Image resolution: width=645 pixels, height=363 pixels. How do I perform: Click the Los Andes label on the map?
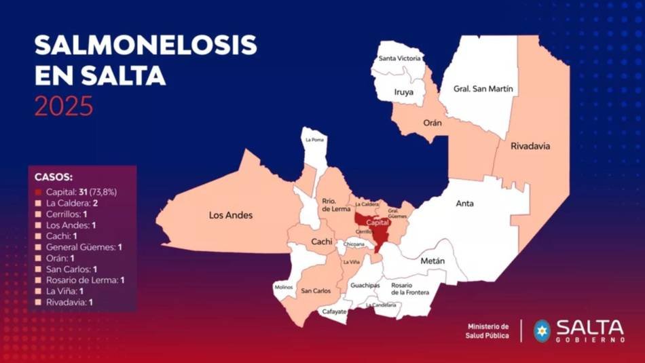tap(230, 215)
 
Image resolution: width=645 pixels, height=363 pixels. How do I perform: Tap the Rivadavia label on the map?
tap(530, 146)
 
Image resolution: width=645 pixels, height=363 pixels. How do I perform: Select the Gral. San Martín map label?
tap(483, 89)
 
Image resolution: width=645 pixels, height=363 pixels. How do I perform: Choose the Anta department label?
tap(465, 204)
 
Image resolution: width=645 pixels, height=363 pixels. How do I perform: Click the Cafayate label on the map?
tap(334, 312)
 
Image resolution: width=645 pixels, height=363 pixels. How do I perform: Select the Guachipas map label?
tap(365, 286)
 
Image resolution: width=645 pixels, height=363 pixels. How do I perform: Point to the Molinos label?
tap(284, 288)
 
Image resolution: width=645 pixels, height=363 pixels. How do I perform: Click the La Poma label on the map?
tap(314, 140)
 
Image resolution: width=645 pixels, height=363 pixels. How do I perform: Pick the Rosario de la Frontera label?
tap(410, 289)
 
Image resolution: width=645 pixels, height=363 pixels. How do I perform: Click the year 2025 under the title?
tap(64, 107)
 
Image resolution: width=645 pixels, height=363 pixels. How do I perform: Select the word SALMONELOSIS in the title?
tap(146, 45)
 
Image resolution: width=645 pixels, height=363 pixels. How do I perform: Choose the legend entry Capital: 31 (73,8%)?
tap(81, 192)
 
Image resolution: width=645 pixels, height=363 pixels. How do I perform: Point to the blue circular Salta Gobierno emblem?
tap(542, 330)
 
